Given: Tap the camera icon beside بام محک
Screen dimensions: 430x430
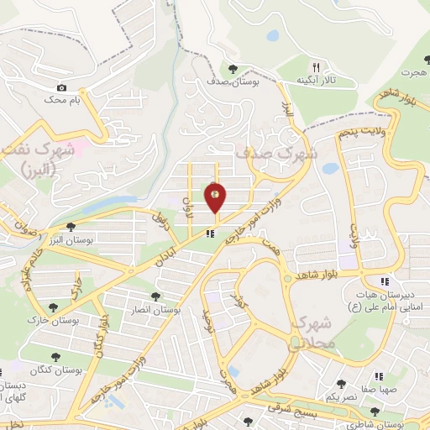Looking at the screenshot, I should [x=61, y=87].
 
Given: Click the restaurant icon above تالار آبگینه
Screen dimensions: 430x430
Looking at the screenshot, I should [x=316, y=66].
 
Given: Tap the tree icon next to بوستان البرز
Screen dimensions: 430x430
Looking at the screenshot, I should [x=72, y=226].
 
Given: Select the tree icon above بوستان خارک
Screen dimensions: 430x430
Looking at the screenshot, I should [x=54, y=307].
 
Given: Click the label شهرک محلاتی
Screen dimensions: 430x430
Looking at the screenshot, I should [x=312, y=333].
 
